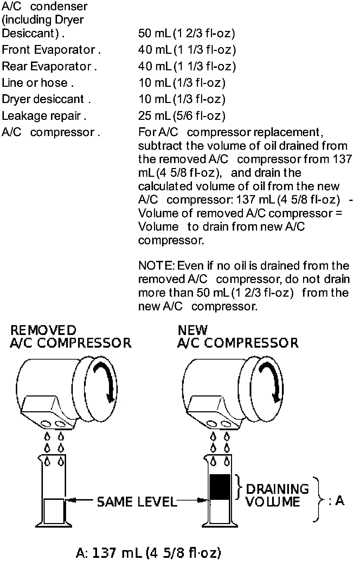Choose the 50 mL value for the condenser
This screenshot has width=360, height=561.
click(186, 33)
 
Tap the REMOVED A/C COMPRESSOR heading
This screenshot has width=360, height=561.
click(70, 336)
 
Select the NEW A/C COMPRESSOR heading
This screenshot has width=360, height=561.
click(238, 336)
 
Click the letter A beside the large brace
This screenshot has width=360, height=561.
click(340, 500)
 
